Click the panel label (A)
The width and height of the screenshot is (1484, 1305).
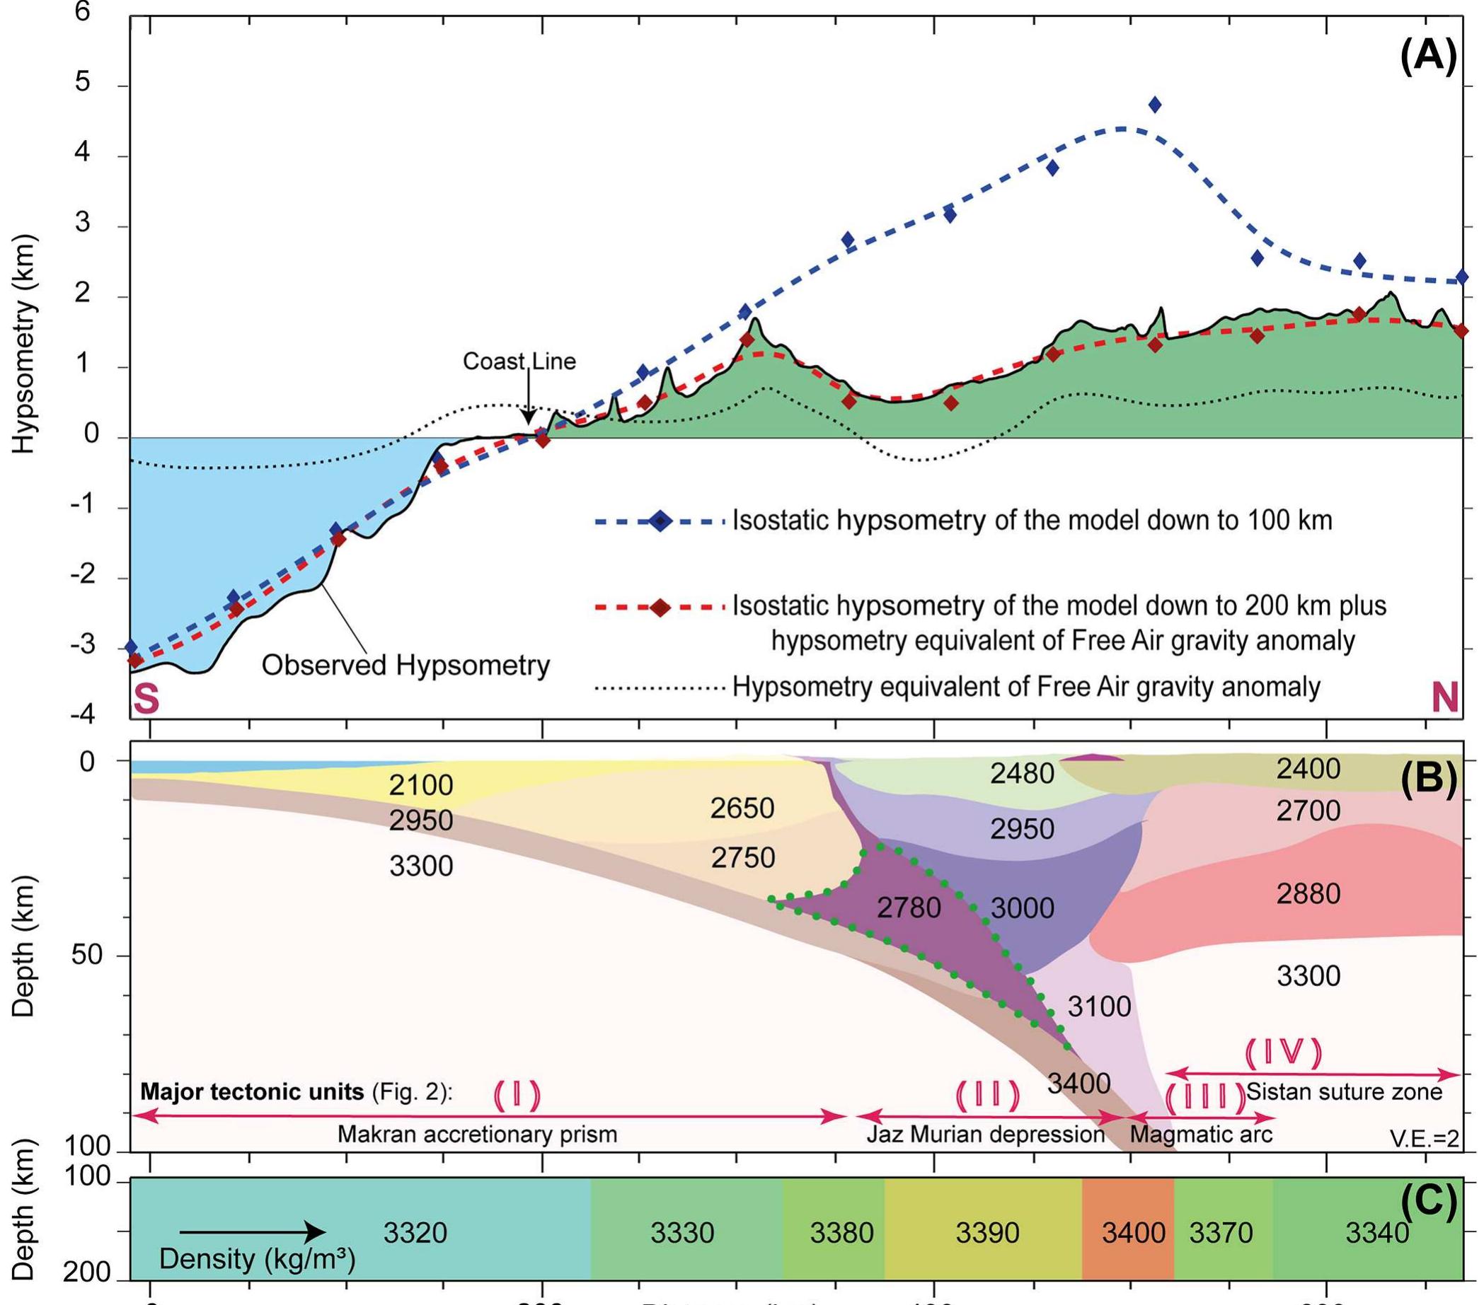(x=1427, y=57)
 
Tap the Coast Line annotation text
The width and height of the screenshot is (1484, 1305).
(x=519, y=361)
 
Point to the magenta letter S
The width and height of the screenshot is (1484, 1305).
(x=146, y=698)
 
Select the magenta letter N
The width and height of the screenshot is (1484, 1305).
(x=1444, y=698)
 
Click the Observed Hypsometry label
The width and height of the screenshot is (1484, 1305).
(x=405, y=665)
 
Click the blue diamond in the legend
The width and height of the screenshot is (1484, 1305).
(x=661, y=521)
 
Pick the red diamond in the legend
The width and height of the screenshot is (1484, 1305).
(x=661, y=608)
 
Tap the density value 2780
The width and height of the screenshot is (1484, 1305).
(x=908, y=907)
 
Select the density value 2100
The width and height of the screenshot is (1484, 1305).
(x=420, y=784)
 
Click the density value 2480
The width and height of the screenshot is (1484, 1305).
(x=1021, y=774)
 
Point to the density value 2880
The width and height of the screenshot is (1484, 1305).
(x=1308, y=893)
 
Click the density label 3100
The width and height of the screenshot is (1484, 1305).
(x=1098, y=1006)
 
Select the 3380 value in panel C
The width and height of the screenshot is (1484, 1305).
(x=841, y=1232)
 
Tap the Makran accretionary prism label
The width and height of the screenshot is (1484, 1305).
(x=477, y=1134)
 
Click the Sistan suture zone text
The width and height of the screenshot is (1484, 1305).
(x=1344, y=1091)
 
